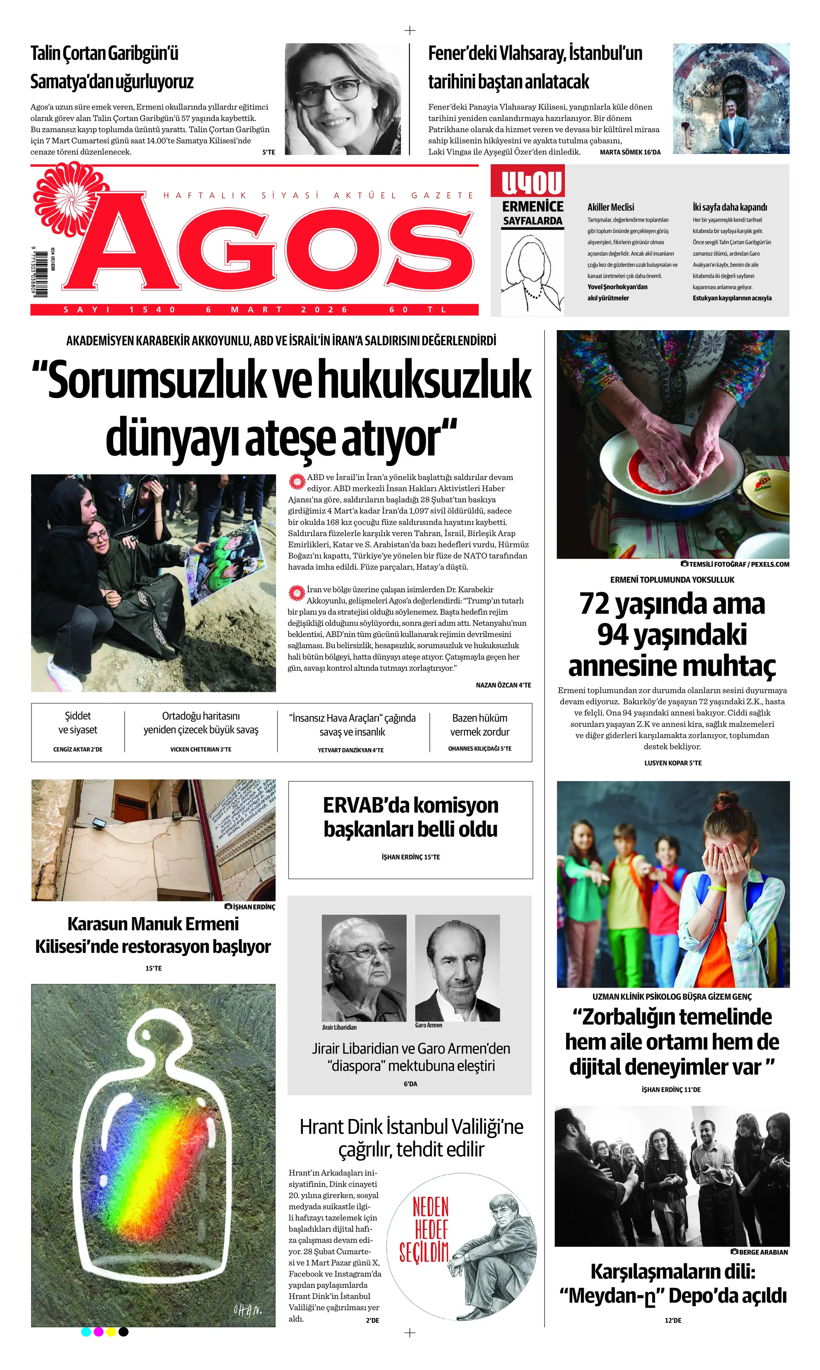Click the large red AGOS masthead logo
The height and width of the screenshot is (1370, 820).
click(x=271, y=249)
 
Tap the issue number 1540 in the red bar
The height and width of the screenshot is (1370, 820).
click(x=152, y=310)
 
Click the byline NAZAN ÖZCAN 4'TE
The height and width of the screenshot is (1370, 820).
click(x=503, y=685)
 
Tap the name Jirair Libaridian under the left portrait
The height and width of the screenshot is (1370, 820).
click(x=339, y=1027)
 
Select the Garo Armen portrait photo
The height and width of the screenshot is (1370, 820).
click(x=457, y=967)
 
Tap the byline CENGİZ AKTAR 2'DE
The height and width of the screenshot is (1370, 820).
click(x=78, y=750)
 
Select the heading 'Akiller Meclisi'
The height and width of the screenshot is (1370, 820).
click(x=611, y=207)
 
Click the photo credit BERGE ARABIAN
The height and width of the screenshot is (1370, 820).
click(x=762, y=1252)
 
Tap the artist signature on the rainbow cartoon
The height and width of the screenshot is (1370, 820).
click(x=247, y=1310)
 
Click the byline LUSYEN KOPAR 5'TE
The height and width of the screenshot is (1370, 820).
click(x=672, y=763)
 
